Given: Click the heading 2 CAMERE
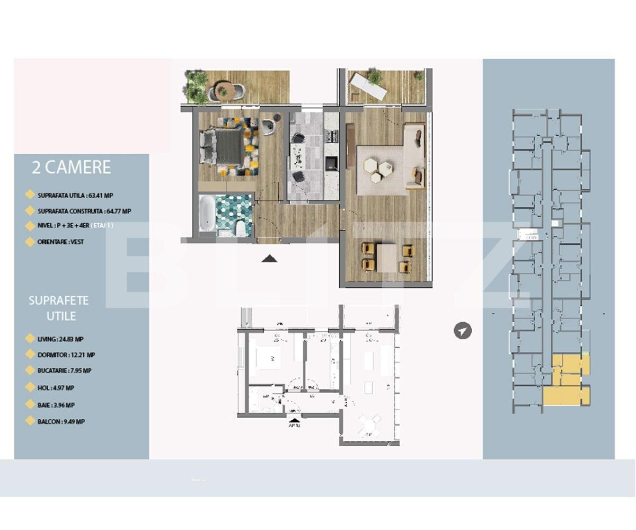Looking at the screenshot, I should [x=71, y=167].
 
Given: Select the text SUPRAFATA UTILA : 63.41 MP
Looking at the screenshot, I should [x=75, y=196].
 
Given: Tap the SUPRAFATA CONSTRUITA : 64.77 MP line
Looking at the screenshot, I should [x=84, y=211].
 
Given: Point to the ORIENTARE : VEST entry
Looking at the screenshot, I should [x=60, y=242].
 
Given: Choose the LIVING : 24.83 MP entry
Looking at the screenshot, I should [x=60, y=339].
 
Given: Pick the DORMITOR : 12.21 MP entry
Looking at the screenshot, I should [x=66, y=355].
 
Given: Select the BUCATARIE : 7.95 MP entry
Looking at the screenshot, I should [x=64, y=371].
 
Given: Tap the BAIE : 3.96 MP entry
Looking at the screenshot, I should [x=56, y=405].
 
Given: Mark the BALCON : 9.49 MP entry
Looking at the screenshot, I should [x=61, y=422].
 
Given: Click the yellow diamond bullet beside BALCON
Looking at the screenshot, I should [x=30, y=421].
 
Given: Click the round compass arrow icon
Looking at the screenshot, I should [x=463, y=331].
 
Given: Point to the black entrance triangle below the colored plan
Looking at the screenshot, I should [x=269, y=259].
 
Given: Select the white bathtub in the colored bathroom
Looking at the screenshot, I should [x=207, y=213].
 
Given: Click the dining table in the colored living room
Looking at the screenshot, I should [x=386, y=258].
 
